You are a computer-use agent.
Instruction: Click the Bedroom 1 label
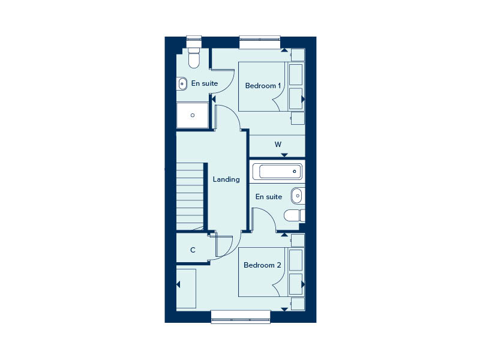(x=263, y=86)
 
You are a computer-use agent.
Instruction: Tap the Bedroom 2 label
(x=262, y=265)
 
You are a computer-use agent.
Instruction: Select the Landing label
(x=226, y=179)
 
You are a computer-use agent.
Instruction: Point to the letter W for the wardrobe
(x=278, y=145)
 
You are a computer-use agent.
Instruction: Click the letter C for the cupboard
(x=193, y=250)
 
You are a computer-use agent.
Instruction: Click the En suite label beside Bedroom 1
(x=205, y=83)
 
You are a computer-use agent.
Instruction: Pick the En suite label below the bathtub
(x=269, y=197)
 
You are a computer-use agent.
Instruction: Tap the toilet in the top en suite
(x=194, y=58)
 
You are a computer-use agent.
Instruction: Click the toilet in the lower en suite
(x=295, y=215)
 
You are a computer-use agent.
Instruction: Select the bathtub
(x=277, y=172)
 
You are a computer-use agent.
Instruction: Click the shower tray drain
(x=193, y=115)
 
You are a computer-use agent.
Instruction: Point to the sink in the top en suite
(x=182, y=83)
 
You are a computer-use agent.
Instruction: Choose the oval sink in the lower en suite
(x=297, y=196)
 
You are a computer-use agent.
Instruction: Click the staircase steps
(x=190, y=197)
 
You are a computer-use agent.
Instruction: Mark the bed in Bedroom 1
(x=272, y=86)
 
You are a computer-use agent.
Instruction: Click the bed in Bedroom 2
(x=272, y=272)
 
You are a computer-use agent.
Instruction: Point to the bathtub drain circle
(x=295, y=172)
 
